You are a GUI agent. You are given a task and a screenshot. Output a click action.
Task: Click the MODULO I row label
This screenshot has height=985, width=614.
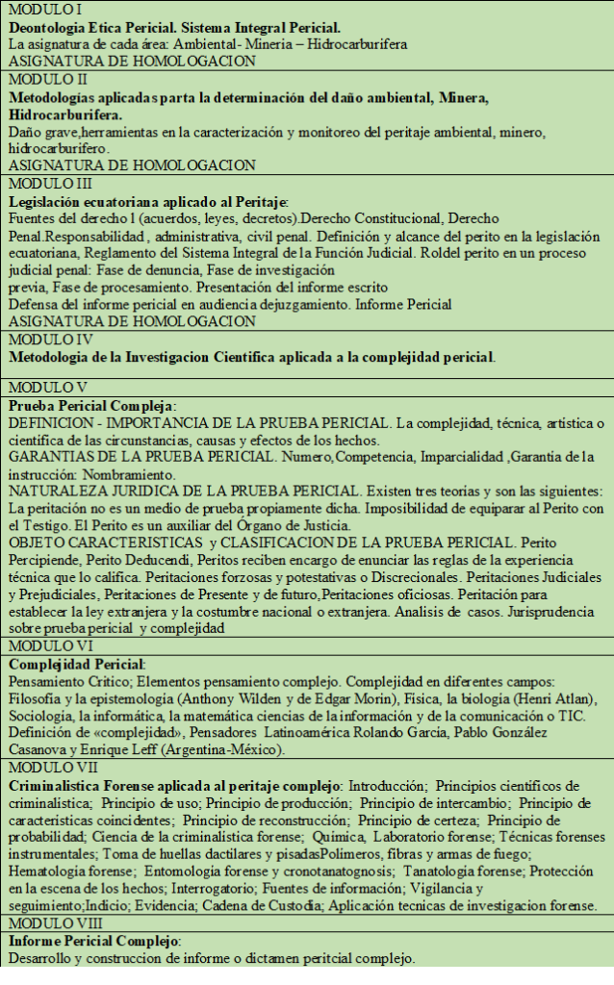point(35,9)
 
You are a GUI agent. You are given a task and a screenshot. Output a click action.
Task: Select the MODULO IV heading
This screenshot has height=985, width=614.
point(38,341)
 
